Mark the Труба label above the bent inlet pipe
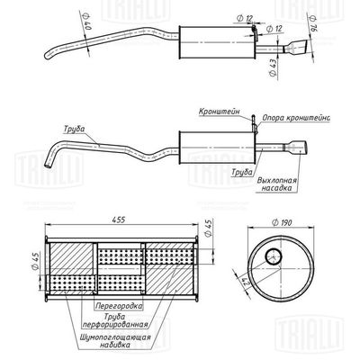pos(76,128)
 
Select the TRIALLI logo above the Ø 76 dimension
pos(320,10)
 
